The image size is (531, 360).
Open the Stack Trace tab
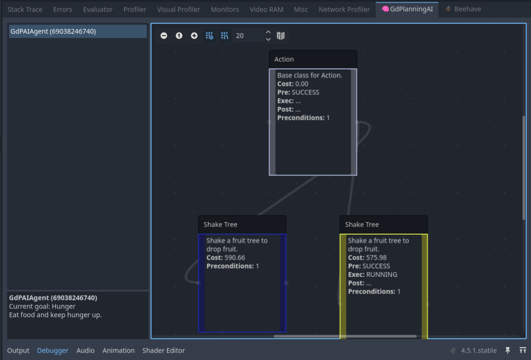[25, 9]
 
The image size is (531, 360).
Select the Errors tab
[62, 9]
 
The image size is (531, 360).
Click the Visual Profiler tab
[178, 9]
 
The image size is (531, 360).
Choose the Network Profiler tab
[344, 9]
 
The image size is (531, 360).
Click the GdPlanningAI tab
[408, 9]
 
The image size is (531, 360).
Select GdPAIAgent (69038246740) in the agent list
[53, 31]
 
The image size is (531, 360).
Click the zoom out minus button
[164, 35]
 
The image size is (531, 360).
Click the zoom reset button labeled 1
[179, 35]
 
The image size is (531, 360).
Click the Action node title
[284, 60]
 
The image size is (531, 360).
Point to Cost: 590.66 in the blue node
[226, 257]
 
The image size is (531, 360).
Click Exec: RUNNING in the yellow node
[373, 274]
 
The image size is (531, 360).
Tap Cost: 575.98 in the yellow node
[367, 257]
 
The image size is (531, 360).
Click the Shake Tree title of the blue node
[220, 225]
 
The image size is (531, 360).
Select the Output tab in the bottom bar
[18, 351]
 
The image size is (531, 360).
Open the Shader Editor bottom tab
[164, 351]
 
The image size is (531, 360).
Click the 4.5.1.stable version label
[478, 351]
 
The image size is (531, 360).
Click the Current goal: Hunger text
[42, 306]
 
